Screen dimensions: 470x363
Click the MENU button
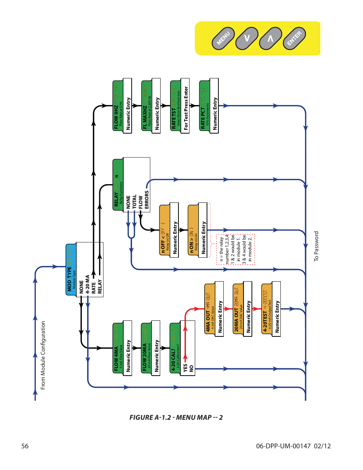pos(223,38)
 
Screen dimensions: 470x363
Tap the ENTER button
pos(294,38)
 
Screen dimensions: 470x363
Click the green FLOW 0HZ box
pos(118,106)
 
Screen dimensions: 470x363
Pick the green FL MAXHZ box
pos(147,106)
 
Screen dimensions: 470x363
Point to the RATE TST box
pos(176,106)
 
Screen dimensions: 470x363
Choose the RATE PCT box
pos(205,106)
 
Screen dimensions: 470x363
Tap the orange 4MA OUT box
pos(210,308)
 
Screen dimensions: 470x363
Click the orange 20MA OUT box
pos(238,308)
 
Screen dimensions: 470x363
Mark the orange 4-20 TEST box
pos(267,308)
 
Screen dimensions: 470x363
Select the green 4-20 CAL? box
pos(175,349)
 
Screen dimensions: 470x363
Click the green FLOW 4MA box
pos(118,349)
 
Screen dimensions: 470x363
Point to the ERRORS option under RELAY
pos(147,200)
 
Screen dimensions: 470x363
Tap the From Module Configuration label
pos(43,355)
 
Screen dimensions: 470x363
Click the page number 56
pos(25,446)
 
